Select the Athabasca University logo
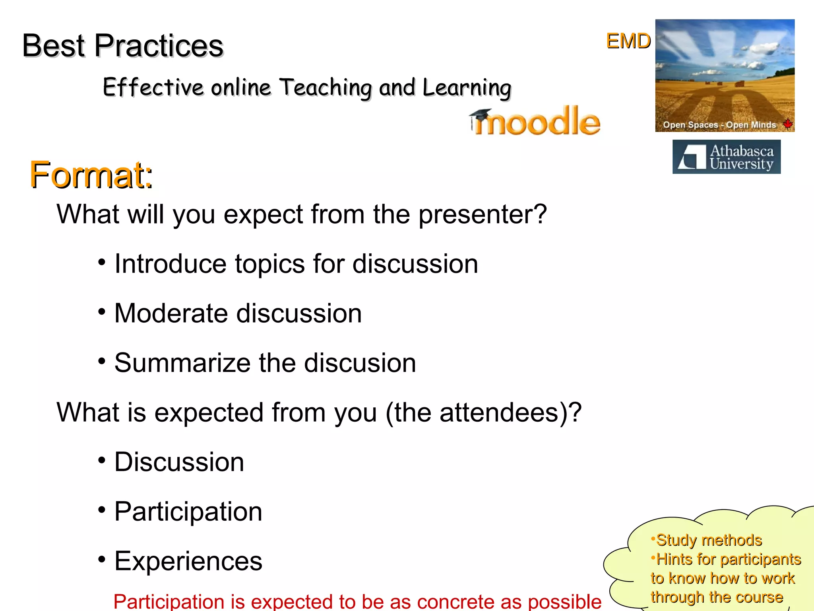click(726, 157)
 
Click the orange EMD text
click(628, 41)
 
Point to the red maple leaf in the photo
click(787, 124)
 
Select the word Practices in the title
click(159, 46)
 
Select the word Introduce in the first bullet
click(171, 264)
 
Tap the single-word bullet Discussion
click(179, 462)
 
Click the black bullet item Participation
click(188, 512)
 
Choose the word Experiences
click(188, 561)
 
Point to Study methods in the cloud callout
click(709, 540)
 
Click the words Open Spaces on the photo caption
click(690, 125)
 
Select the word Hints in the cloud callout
click(674, 559)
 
